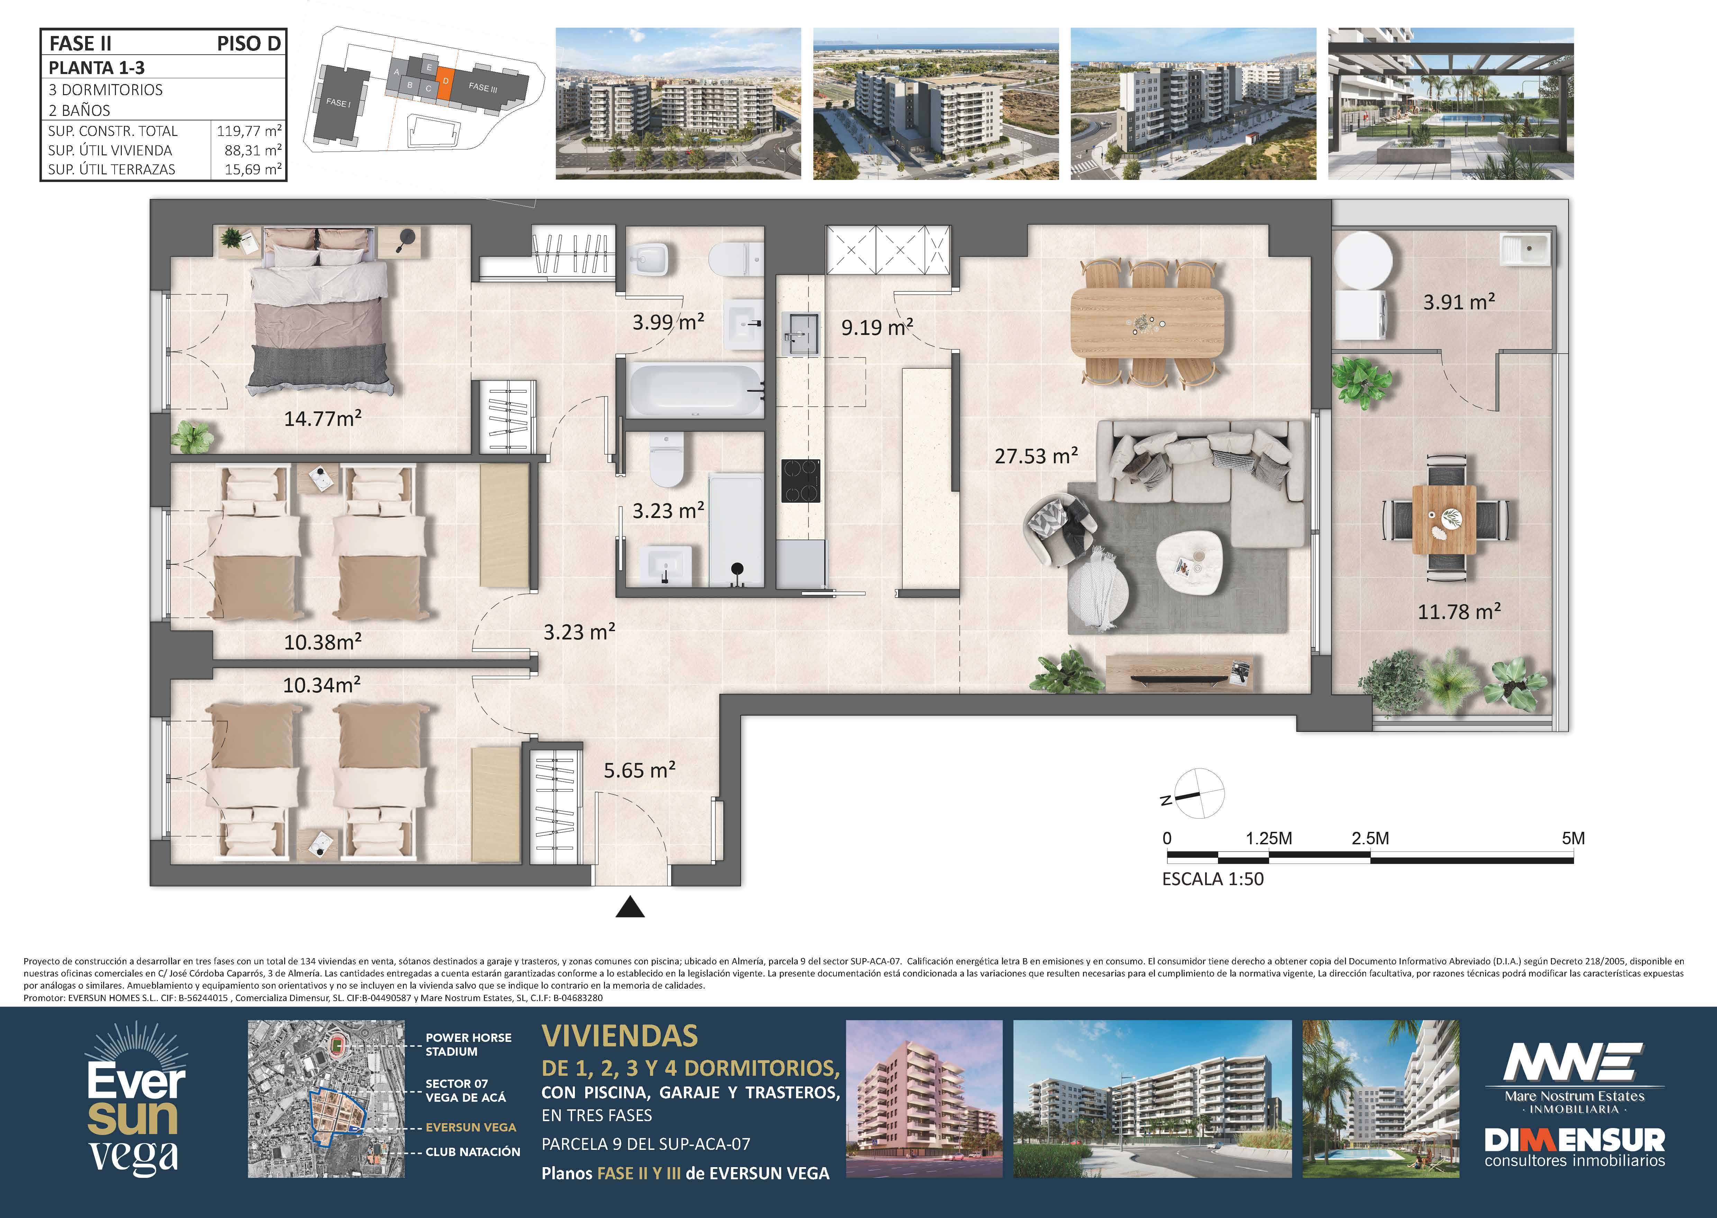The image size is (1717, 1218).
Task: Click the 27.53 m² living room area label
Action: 1036,455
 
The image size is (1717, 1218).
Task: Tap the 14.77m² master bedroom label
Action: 323,418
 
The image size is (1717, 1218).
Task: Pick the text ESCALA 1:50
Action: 1213,879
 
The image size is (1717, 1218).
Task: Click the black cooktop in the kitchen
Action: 801,481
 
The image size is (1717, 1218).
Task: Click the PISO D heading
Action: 248,44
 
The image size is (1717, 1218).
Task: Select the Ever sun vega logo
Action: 136,1100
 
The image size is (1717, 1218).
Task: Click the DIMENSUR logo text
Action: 1574,1141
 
